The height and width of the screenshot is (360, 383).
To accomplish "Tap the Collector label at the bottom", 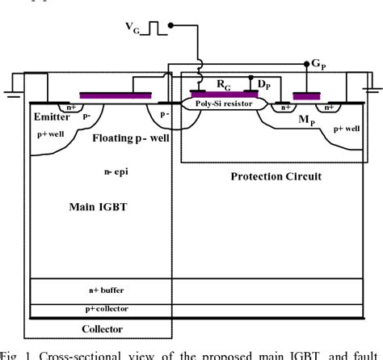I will pos(103,328).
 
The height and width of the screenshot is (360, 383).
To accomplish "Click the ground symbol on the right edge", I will pos(372,89).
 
